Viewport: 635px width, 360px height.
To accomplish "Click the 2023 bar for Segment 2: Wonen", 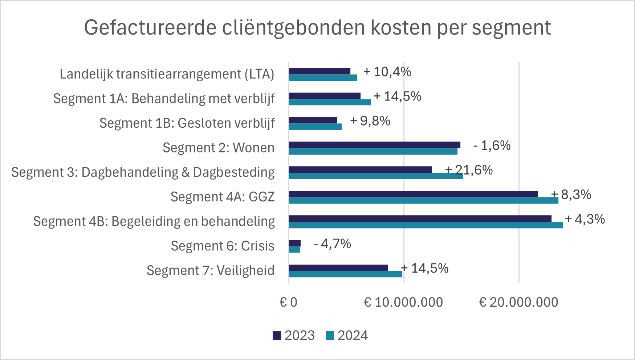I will click(374, 145).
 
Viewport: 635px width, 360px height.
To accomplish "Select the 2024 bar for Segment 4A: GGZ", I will click(423, 200).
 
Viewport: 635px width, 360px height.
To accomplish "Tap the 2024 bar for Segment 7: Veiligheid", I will click(345, 274).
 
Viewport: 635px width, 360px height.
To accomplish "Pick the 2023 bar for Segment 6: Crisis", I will click(295, 243).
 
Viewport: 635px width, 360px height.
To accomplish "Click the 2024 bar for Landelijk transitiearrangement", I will click(323, 78).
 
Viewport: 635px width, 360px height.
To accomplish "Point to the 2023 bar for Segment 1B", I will click(313, 120).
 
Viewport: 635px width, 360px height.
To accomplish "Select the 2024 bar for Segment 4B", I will click(426, 225).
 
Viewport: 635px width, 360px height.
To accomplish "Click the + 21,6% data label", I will click(469, 170).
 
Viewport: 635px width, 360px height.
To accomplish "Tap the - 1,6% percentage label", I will click(492, 146).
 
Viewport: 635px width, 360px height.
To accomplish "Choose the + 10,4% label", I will click(387, 72).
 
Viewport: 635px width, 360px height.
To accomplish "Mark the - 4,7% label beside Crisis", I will click(332, 244).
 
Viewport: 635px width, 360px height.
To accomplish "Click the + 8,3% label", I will click(571, 195).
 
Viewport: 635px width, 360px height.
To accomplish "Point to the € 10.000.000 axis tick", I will click(403, 302).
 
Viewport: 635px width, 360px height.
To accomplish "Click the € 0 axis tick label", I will click(288, 302).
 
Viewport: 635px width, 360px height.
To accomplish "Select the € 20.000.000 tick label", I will click(518, 302).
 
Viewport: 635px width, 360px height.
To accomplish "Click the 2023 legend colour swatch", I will click(277, 336).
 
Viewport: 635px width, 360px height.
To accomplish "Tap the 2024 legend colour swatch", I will click(330, 336).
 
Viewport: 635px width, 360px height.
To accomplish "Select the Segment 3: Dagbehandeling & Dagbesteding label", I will click(143, 172).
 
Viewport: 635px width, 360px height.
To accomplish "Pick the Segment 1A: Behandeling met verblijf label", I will click(164, 99).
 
